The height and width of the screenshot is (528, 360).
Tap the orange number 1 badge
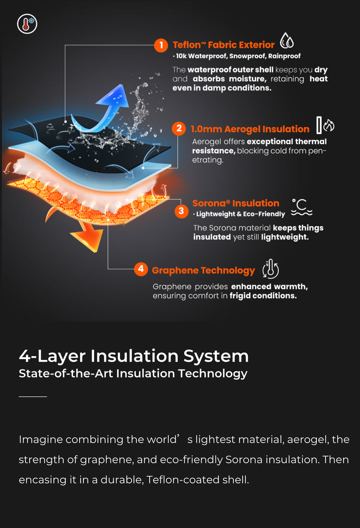(x=161, y=45)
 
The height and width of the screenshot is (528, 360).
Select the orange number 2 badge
(x=179, y=129)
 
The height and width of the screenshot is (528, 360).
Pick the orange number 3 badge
(x=181, y=211)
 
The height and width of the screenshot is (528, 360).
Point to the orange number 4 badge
(x=141, y=269)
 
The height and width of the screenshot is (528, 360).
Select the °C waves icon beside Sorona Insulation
(x=301, y=207)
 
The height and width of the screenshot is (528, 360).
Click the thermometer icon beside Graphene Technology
(x=270, y=269)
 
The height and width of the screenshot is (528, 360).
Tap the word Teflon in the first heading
(x=187, y=45)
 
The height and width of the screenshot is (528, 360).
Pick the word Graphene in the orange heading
(x=175, y=270)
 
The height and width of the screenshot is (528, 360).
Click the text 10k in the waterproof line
(x=181, y=56)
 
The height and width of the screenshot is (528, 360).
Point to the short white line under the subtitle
(x=33, y=396)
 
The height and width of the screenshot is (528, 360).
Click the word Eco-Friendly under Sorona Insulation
(x=264, y=214)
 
